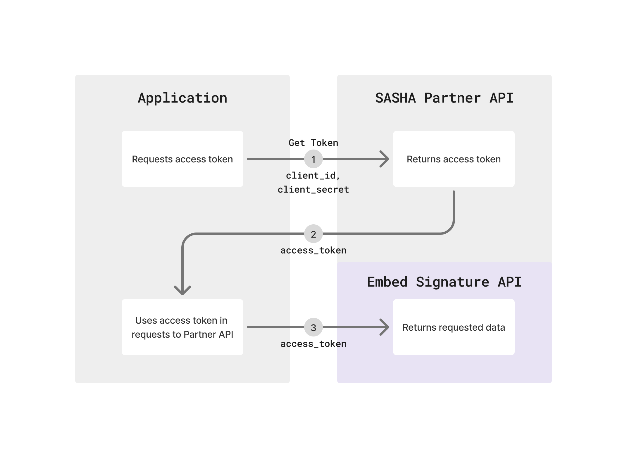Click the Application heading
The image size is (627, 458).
[x=182, y=98]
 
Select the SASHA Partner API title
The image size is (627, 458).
[x=444, y=98]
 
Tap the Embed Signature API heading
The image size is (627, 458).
[x=444, y=282]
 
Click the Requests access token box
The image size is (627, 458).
[x=182, y=159]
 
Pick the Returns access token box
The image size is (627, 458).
[x=454, y=159]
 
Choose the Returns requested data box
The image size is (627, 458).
[x=454, y=327]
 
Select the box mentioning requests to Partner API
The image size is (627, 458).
[x=182, y=327]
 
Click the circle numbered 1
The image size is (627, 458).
[x=313, y=159]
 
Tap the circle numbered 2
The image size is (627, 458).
[x=313, y=234]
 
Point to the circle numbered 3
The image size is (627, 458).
[x=313, y=327]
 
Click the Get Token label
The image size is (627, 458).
[x=313, y=143]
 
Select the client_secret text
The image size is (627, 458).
[x=313, y=190]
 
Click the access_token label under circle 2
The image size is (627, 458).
[x=313, y=251]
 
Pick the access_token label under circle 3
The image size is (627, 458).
[x=313, y=344]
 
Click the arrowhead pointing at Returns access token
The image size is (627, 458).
[x=385, y=159]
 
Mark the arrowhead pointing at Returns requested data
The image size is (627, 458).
[x=385, y=327]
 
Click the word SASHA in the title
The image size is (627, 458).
[x=395, y=98]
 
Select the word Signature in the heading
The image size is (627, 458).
[x=452, y=282]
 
